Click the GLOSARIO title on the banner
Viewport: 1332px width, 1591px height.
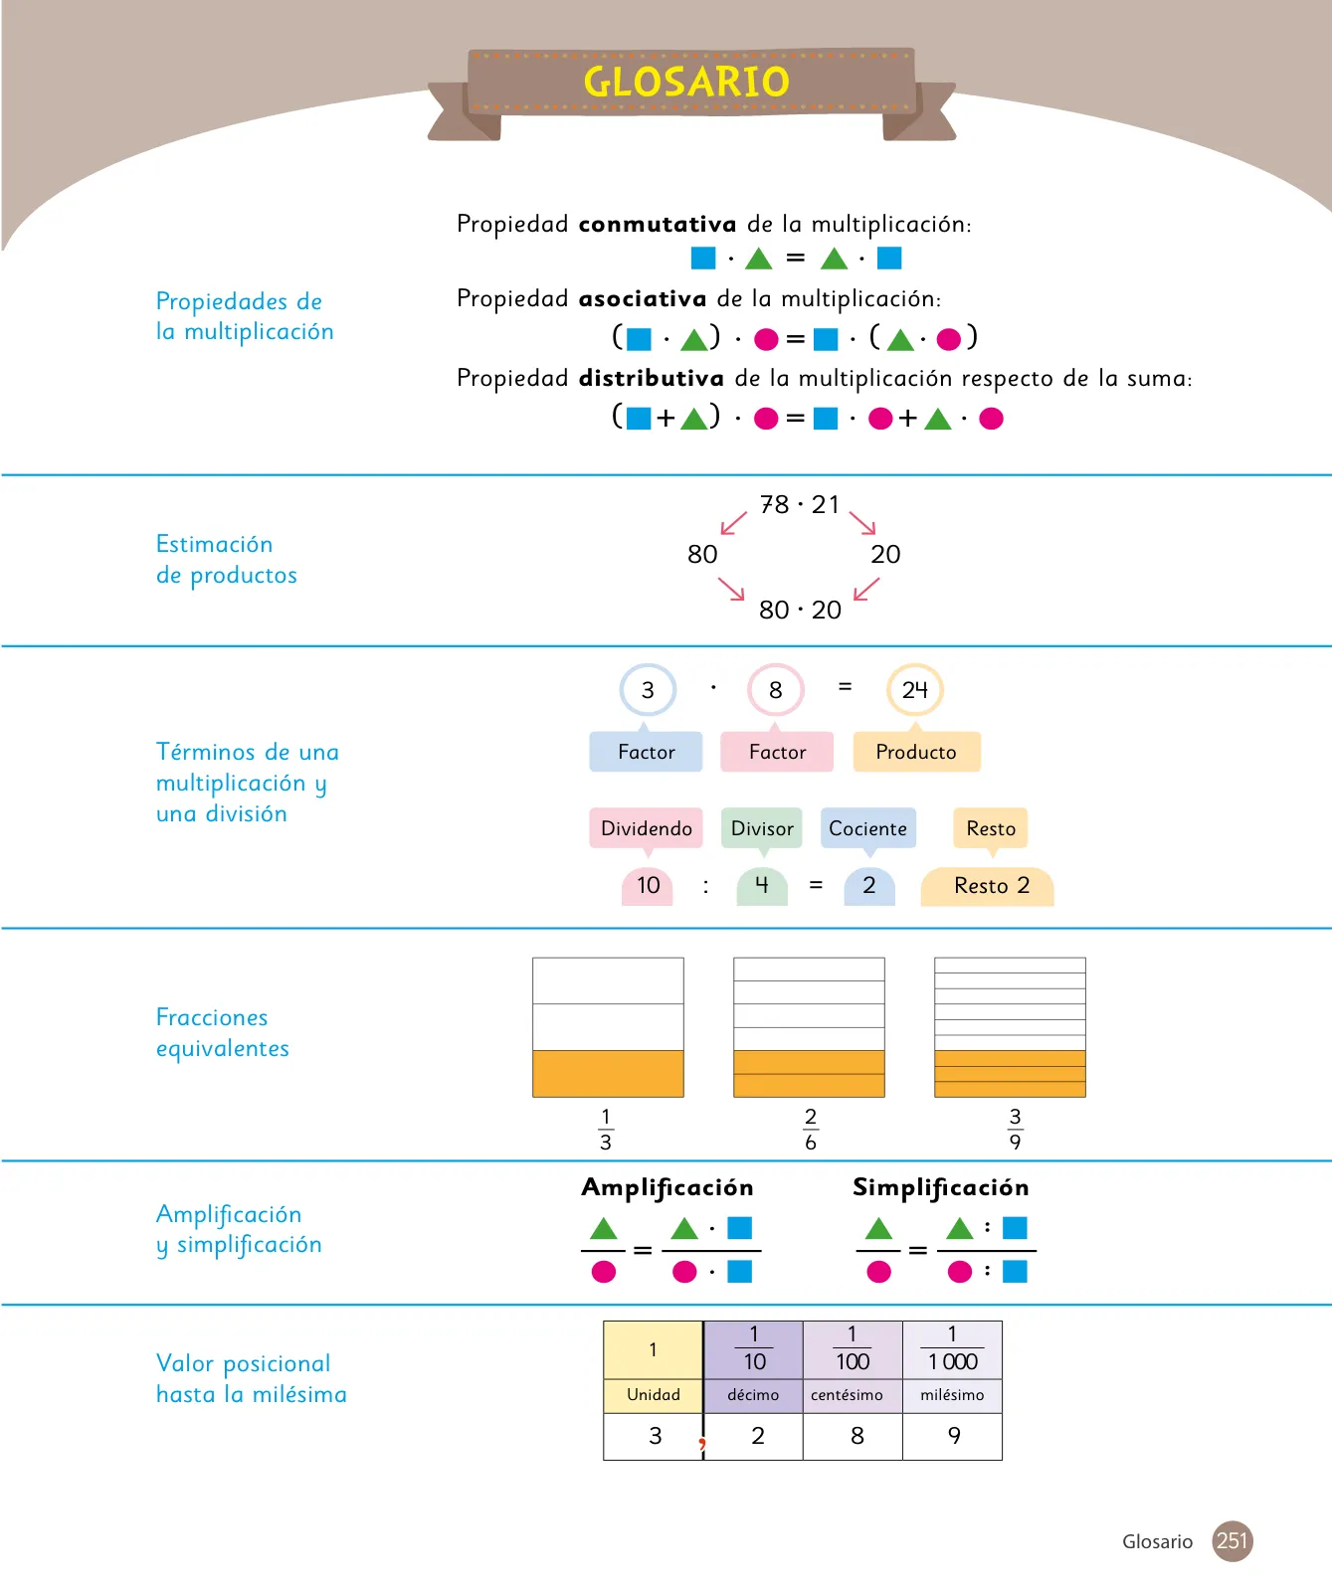[x=686, y=82]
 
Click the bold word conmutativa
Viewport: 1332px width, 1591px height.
[x=658, y=224]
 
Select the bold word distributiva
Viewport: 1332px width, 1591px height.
[x=652, y=378]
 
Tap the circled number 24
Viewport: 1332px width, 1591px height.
[x=915, y=689]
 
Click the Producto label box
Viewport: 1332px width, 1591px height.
[x=916, y=752]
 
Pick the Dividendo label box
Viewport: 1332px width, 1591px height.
[x=647, y=828]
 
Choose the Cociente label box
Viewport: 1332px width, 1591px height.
[x=868, y=828]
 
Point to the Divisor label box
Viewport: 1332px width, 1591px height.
[x=762, y=828]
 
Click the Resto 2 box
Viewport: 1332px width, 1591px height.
[x=987, y=886]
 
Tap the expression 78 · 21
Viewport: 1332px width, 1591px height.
[x=800, y=505]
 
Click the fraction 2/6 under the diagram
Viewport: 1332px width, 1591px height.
[x=811, y=1130]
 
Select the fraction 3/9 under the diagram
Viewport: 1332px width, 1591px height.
[x=1015, y=1130]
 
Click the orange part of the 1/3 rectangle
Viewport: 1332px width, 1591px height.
[x=608, y=1074]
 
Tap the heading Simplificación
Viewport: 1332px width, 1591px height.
[x=941, y=1187]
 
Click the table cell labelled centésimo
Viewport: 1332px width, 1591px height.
[x=853, y=1395]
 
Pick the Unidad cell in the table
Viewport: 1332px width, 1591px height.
[x=654, y=1395]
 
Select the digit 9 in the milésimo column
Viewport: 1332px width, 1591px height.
[x=954, y=1436]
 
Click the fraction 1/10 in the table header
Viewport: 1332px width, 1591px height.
[x=754, y=1348]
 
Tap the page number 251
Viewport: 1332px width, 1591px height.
[x=1233, y=1541]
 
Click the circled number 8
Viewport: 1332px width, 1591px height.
[x=776, y=690]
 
